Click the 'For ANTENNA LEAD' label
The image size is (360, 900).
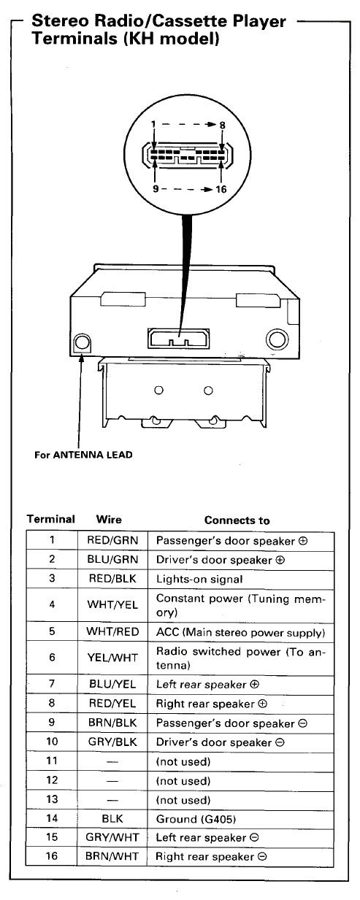(84, 455)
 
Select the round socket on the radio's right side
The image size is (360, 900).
(277, 339)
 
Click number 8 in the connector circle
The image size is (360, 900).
(222, 125)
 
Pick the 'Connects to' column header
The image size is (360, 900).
(237, 520)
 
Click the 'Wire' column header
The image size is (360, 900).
(109, 520)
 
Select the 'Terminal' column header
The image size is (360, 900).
(51, 520)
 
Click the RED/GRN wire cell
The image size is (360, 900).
(112, 542)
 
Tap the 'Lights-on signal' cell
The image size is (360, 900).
(199, 579)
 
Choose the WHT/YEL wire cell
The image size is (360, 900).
(112, 604)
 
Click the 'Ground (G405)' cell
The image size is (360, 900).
(196, 819)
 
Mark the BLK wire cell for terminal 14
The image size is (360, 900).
(112, 819)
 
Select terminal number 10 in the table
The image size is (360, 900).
(52, 742)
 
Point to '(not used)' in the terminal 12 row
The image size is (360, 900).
(183, 781)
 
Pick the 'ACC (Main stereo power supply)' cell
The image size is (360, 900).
(240, 631)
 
